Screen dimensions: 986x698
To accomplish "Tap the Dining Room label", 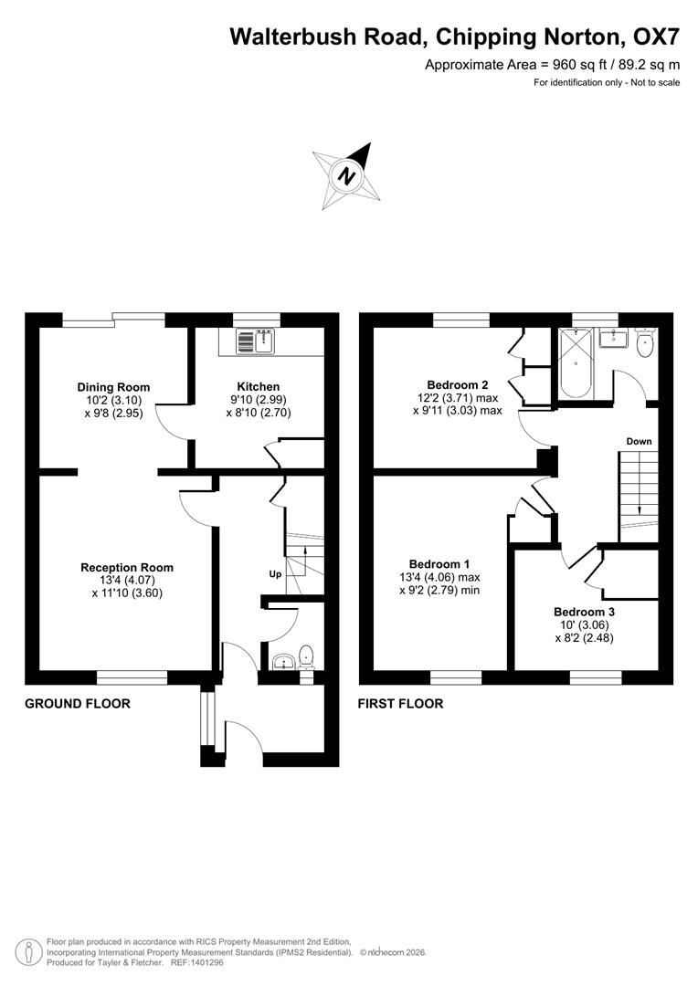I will click(113, 387).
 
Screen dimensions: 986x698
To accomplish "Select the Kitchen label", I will click(259, 386).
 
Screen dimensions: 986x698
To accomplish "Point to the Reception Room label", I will click(126, 567).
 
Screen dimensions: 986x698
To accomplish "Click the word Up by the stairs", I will click(275, 574).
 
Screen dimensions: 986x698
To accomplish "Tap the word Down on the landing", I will click(639, 441).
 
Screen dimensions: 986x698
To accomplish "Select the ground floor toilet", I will click(307, 656).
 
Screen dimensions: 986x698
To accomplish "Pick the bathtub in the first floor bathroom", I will click(575, 375).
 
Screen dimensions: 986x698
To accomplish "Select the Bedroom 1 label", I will click(439, 563).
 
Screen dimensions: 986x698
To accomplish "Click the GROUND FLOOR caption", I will click(77, 703).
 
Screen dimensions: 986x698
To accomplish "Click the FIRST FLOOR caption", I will click(400, 703).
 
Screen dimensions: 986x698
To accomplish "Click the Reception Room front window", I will click(132, 677).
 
